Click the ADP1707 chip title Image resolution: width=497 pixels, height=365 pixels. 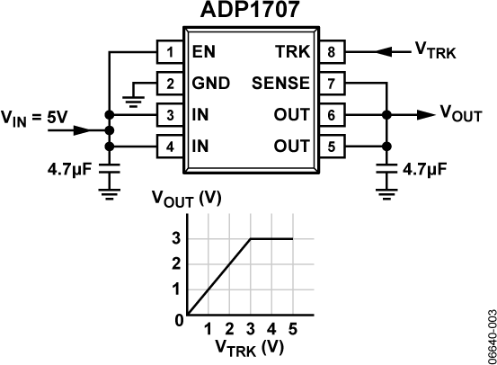248,11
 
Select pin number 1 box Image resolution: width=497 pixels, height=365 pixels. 169,51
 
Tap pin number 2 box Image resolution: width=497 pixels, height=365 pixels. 169,84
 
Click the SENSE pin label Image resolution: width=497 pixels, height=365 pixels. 283,84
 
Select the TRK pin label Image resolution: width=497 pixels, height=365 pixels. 294,51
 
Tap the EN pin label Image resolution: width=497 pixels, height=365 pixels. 203,51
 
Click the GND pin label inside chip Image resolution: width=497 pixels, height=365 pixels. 211,84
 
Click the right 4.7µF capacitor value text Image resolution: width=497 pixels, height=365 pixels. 427,167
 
